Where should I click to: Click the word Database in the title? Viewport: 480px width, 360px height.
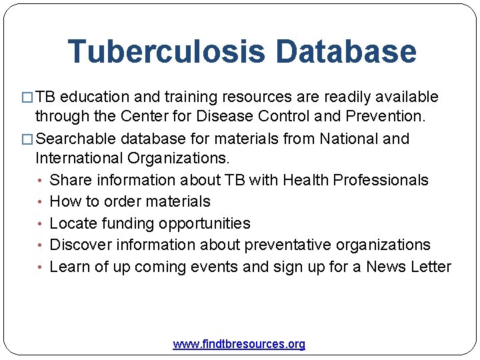[x=345, y=52]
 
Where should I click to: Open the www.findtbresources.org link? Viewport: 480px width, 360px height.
[x=239, y=344]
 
